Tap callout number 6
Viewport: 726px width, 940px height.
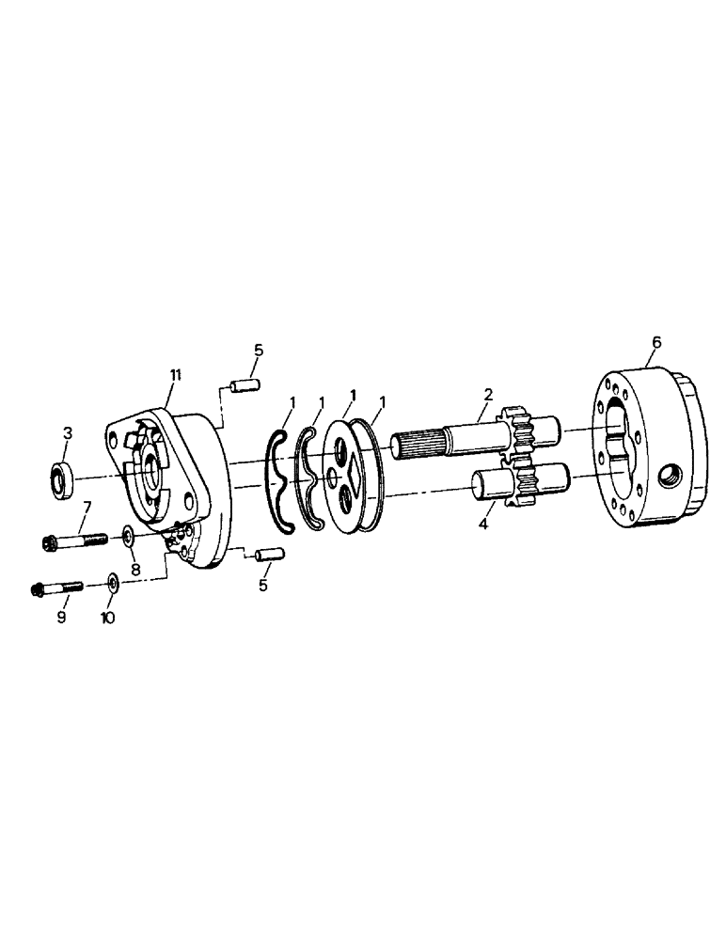pos(655,343)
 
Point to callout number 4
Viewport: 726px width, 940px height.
pos(481,523)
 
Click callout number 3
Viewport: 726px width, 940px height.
pos(67,432)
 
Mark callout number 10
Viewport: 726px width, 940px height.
pos(108,620)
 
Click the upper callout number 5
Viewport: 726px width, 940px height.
pos(258,350)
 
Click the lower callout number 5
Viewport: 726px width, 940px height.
pos(263,585)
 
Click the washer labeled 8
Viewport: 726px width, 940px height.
pos(127,537)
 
